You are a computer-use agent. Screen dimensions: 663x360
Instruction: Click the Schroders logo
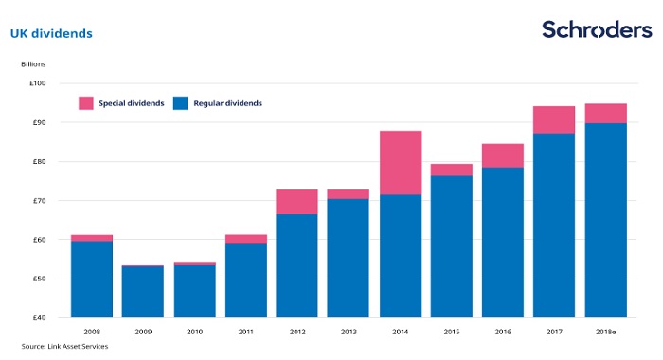pyautogui.click(x=597, y=29)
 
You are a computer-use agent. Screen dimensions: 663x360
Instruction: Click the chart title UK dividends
pyautogui.click(x=51, y=33)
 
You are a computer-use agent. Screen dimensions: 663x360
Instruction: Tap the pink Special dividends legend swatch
pyautogui.click(x=86, y=103)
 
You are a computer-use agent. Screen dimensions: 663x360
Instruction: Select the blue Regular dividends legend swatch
pyautogui.click(x=181, y=103)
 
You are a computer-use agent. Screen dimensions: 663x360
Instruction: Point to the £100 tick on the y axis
pyautogui.click(x=37, y=83)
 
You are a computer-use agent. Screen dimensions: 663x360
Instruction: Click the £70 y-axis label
pyautogui.click(x=39, y=201)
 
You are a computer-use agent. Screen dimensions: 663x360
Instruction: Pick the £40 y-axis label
pyautogui.click(x=39, y=317)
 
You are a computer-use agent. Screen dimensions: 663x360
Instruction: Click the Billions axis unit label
pyautogui.click(x=33, y=64)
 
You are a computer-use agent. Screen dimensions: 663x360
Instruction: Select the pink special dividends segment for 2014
pyautogui.click(x=401, y=163)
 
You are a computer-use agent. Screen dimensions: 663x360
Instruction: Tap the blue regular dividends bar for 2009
pyautogui.click(x=143, y=292)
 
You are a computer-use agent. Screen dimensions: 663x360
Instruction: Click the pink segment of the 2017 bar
pyautogui.click(x=554, y=119)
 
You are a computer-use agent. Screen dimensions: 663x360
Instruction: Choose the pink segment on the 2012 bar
pyautogui.click(x=296, y=202)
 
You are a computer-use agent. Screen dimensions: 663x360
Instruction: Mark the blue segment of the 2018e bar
pyautogui.click(x=606, y=221)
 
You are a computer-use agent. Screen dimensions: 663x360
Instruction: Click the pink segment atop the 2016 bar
pyautogui.click(x=503, y=155)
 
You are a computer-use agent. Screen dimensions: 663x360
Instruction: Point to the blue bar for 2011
pyautogui.click(x=246, y=280)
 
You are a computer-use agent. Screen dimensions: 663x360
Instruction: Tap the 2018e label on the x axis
pyautogui.click(x=605, y=333)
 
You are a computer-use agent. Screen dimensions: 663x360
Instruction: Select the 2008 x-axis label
pyautogui.click(x=92, y=333)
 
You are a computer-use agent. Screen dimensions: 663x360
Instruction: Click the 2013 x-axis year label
pyautogui.click(x=349, y=333)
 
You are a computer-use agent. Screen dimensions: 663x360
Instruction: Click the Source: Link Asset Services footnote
pyautogui.click(x=64, y=346)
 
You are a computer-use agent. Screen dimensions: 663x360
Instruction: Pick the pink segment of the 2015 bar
pyautogui.click(x=452, y=171)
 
